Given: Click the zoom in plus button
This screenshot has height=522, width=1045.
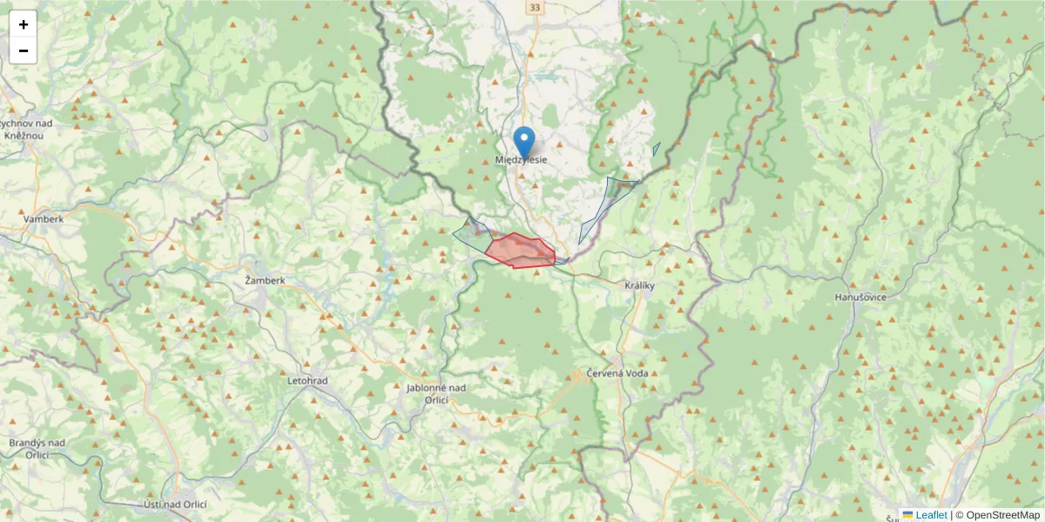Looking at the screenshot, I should pyautogui.click(x=24, y=24).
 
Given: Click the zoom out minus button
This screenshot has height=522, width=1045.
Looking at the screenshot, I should pyautogui.click(x=24, y=50).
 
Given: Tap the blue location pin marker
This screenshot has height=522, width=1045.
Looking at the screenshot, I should pyautogui.click(x=524, y=142).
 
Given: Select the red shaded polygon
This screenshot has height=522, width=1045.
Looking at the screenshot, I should pyautogui.click(x=521, y=251).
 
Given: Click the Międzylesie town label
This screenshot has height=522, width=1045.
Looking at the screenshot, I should pyautogui.click(x=521, y=160).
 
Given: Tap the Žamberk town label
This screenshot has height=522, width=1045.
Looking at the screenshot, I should pyautogui.click(x=265, y=281).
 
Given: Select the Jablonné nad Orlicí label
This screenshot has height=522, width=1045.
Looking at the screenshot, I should pyautogui.click(x=436, y=393).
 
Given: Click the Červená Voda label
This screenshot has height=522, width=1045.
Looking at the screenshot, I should pyautogui.click(x=622, y=372).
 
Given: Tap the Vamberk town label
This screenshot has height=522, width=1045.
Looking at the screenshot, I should pyautogui.click(x=44, y=219).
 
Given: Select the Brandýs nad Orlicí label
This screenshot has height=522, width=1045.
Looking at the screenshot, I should pyautogui.click(x=37, y=448).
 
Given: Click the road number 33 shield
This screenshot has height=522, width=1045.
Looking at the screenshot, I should pyautogui.click(x=534, y=8).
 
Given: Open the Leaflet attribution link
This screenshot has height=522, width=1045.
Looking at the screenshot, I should pyautogui.click(x=930, y=515).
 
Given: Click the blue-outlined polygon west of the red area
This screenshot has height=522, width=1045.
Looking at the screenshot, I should pyautogui.click(x=470, y=233).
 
